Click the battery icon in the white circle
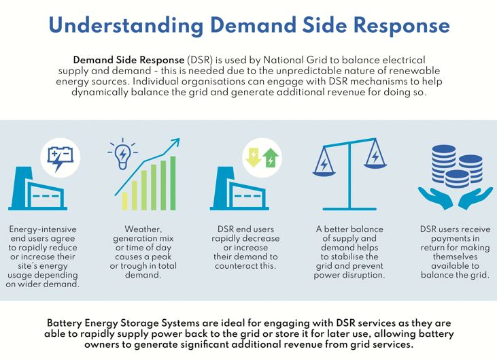[x=61, y=159]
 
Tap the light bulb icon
[x=124, y=156]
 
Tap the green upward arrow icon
[x=271, y=158]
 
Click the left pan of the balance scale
[x=324, y=167]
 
